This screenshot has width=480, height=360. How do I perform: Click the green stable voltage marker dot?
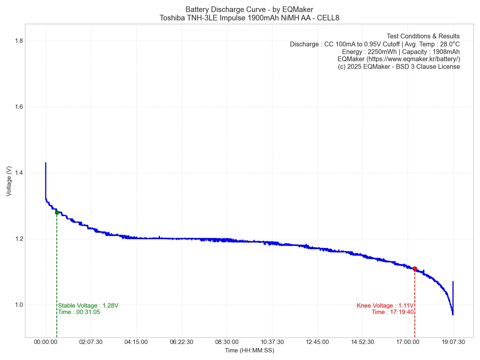tap(57, 212)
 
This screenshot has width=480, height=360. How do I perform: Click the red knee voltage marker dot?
tap(415, 269)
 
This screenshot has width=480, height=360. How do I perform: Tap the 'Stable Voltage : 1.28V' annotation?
tap(88, 306)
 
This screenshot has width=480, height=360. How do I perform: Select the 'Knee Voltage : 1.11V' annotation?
tap(385, 306)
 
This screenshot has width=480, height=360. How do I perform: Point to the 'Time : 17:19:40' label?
tap(392, 312)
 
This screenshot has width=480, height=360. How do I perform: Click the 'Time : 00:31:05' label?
tap(79, 312)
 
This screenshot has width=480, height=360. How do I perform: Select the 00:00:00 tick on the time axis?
tap(46, 342)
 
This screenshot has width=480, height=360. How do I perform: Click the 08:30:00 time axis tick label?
tap(227, 342)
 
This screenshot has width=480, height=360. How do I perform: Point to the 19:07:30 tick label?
tap(453, 342)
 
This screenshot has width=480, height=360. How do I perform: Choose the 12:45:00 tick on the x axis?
tap(317, 342)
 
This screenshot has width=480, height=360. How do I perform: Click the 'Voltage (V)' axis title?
tap(9, 181)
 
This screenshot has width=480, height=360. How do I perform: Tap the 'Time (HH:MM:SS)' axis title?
tap(249, 350)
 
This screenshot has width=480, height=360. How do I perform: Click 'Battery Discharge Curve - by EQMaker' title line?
tap(249, 9)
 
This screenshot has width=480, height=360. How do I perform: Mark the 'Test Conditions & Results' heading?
tap(423, 36)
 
